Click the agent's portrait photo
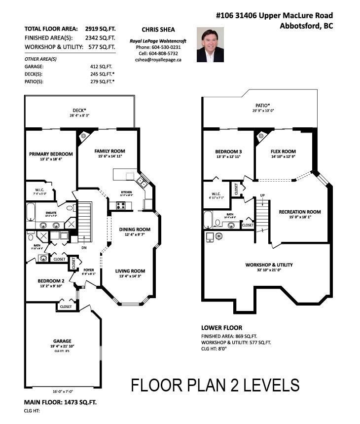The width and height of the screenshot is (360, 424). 210,44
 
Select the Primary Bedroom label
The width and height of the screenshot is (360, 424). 51,154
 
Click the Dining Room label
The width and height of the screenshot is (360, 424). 135,230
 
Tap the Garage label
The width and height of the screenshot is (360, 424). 63,341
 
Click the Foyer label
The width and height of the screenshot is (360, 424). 89,270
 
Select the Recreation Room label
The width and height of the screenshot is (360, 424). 300,212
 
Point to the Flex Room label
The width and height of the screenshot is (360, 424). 283,152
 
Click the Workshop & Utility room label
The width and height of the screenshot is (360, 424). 269,265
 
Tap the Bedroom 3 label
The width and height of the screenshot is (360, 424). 228,152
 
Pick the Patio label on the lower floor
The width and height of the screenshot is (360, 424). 262,105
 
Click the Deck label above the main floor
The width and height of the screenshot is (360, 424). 79,110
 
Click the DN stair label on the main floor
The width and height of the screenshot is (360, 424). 84,248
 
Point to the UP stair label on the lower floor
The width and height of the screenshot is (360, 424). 262,195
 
